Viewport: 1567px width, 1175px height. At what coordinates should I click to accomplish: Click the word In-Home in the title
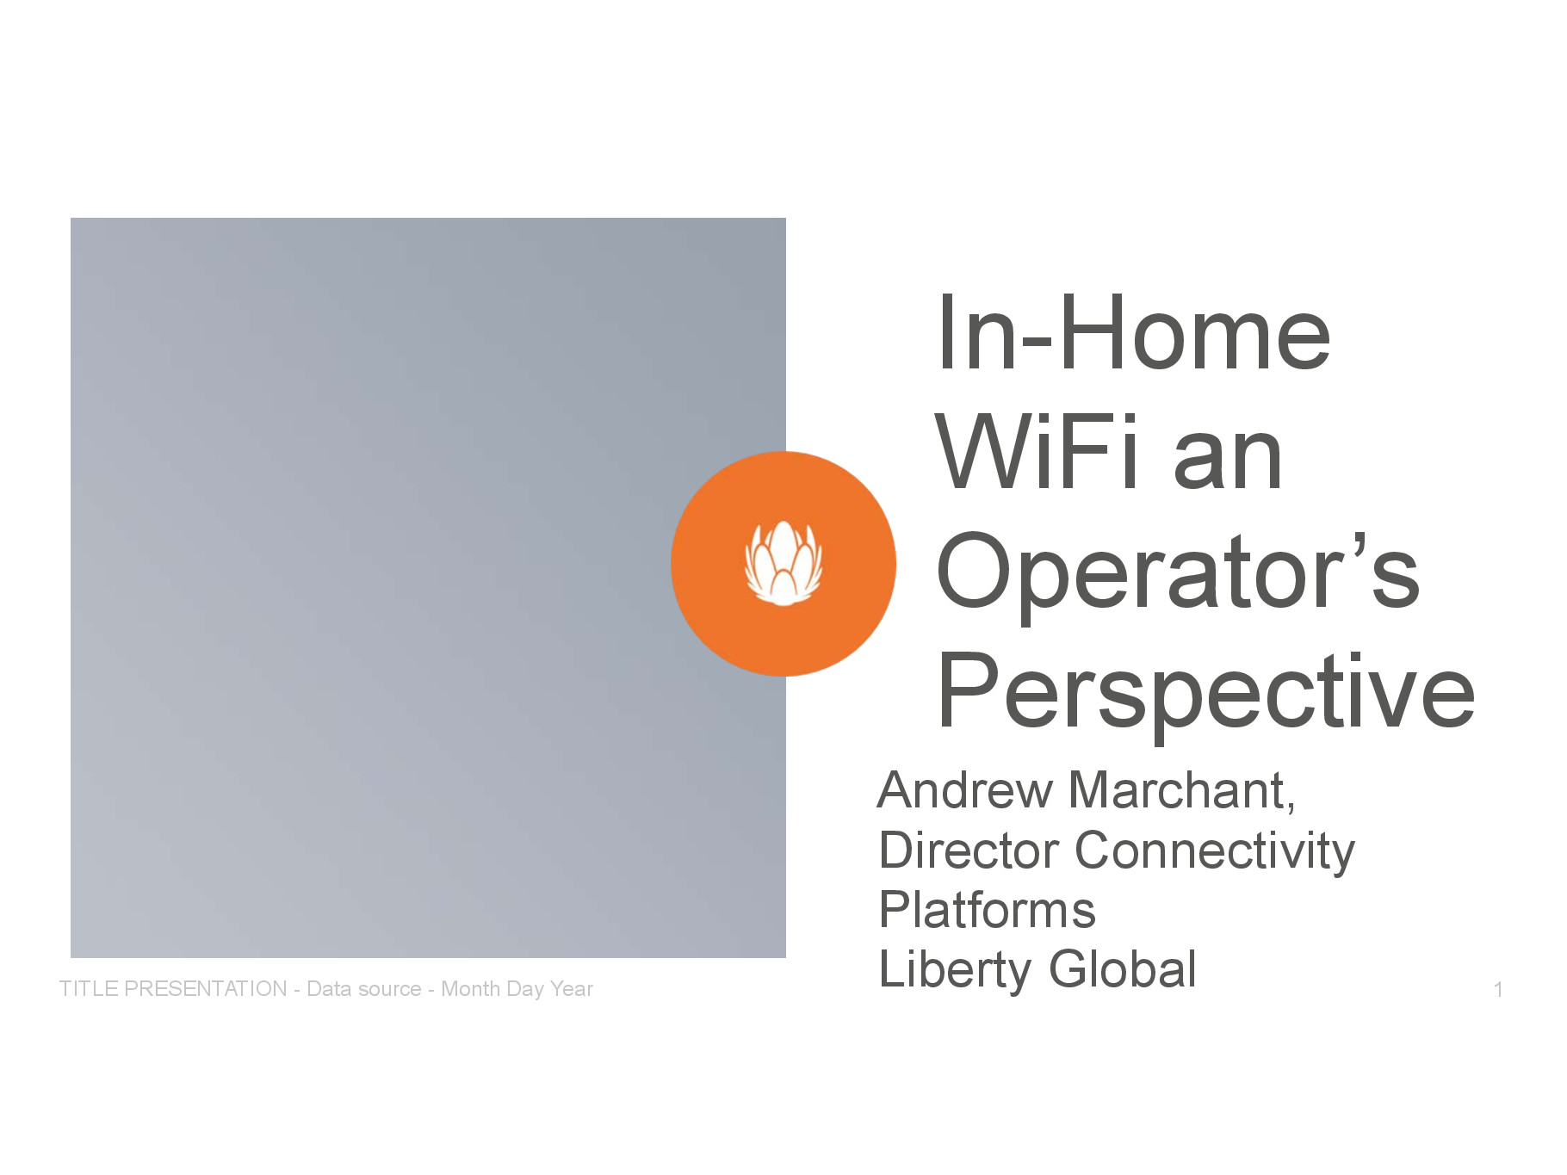pyautogui.click(x=1134, y=333)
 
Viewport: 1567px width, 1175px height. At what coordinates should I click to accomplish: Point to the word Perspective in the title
pyautogui.click(x=1206, y=693)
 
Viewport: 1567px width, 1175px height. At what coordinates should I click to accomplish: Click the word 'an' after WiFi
pyautogui.click(x=1228, y=461)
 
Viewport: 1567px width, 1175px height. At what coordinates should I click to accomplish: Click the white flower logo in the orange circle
pyautogui.click(x=783, y=563)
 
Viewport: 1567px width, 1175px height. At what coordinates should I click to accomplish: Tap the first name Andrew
pyautogui.click(x=964, y=790)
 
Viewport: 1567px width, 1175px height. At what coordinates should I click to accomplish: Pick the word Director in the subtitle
pyautogui.click(x=969, y=850)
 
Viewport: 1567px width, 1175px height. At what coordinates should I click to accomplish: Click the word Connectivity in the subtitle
pyautogui.click(x=1215, y=852)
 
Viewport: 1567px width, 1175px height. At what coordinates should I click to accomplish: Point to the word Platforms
pyautogui.click(x=987, y=910)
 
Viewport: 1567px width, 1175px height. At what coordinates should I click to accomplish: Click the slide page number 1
pyautogui.click(x=1498, y=990)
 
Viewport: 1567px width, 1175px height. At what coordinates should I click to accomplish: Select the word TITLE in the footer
pyautogui.click(x=89, y=989)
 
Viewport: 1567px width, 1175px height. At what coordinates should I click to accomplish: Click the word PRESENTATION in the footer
pyautogui.click(x=206, y=989)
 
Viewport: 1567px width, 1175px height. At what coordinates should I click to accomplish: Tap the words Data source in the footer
pyautogui.click(x=364, y=989)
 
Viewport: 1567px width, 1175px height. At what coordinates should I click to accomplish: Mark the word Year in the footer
pyautogui.click(x=572, y=989)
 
